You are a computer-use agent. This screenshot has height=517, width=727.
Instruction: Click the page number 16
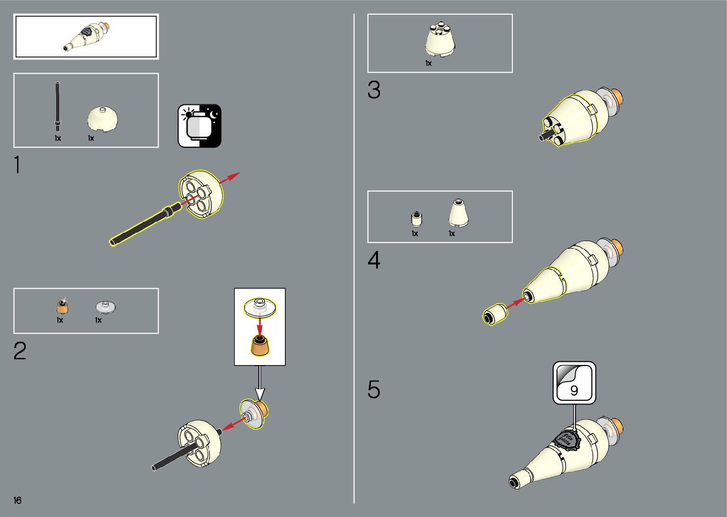(18, 500)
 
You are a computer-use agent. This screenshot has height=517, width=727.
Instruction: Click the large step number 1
(18, 165)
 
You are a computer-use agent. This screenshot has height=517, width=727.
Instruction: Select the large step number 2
(20, 351)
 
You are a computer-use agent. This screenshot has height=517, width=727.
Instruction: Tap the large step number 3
(374, 90)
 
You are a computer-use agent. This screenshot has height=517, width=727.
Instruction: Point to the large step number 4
(374, 260)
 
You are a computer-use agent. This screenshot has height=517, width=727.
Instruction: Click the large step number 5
(374, 389)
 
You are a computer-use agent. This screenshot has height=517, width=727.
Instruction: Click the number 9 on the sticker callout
(574, 391)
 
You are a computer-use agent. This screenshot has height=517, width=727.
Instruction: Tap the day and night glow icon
(199, 126)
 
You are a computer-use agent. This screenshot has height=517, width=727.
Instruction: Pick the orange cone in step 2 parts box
(62, 307)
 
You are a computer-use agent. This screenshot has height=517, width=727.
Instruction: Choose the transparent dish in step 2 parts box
(106, 307)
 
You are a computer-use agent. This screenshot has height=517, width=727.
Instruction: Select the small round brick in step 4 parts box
(416, 218)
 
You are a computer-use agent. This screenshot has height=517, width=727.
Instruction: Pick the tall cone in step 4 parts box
(458, 213)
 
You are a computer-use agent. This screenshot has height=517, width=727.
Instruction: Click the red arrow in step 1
(230, 178)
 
